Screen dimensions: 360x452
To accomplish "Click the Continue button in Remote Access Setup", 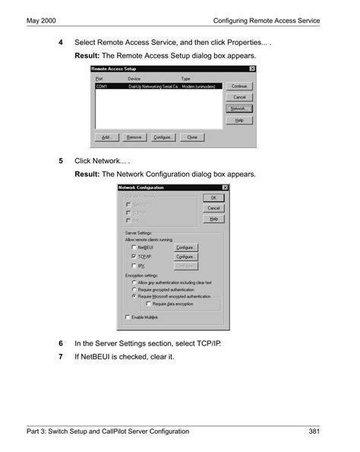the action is [x=239, y=87].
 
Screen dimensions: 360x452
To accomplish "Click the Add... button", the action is [x=106, y=137].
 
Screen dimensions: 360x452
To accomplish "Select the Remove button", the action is [x=134, y=137].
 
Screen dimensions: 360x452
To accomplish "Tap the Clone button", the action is [x=192, y=137].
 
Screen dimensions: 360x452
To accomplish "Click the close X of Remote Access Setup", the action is [x=252, y=69].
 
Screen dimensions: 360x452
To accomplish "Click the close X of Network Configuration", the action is [x=225, y=187].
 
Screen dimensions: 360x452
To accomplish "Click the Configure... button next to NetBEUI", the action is [x=186, y=247].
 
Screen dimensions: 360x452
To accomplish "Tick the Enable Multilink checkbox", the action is [x=127, y=316].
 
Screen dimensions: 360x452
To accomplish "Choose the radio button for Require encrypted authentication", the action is [x=134, y=289].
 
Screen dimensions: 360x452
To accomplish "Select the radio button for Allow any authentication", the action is [x=134, y=282].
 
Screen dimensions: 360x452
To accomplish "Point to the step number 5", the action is [x=62, y=161].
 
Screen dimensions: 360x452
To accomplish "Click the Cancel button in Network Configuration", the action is [x=213, y=207].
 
